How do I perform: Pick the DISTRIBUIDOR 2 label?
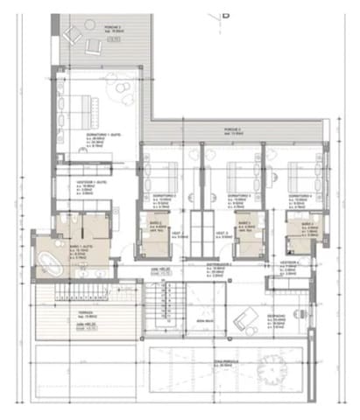pos(219,262)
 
